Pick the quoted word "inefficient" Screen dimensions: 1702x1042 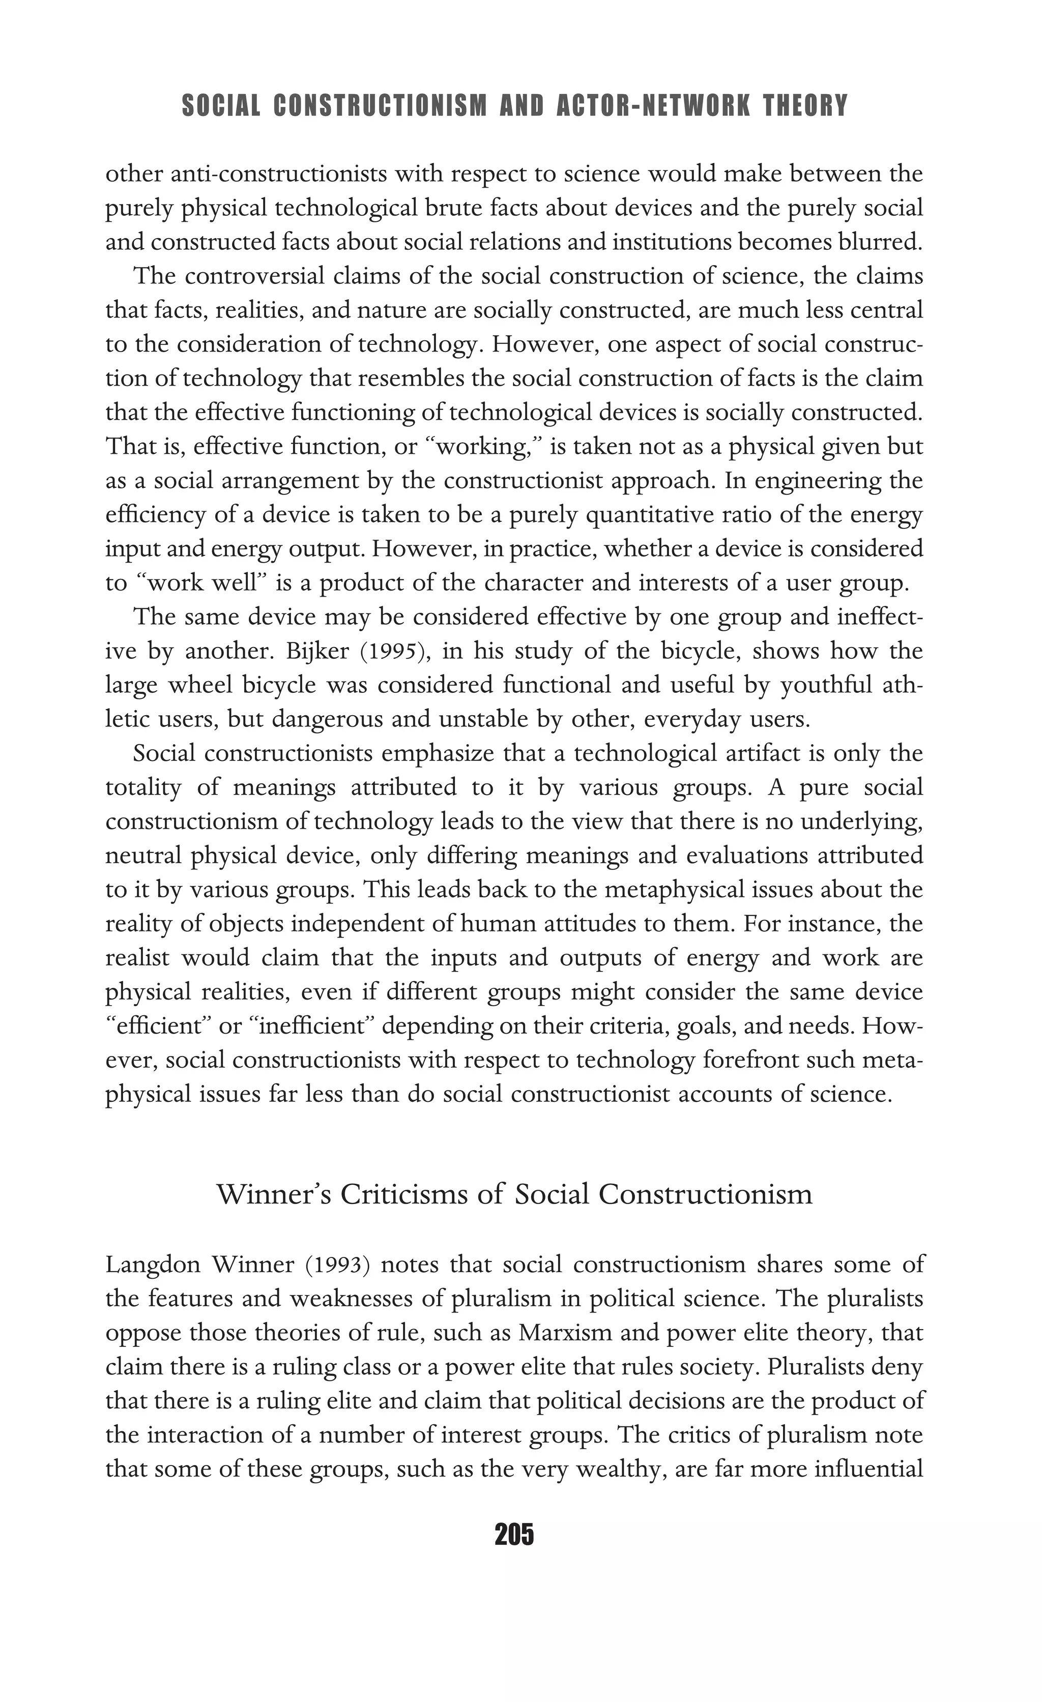pyautogui.click(x=316, y=1026)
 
